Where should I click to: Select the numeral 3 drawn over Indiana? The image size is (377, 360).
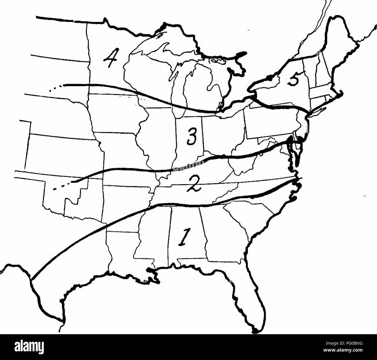190,137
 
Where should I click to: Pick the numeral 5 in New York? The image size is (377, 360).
295,79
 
